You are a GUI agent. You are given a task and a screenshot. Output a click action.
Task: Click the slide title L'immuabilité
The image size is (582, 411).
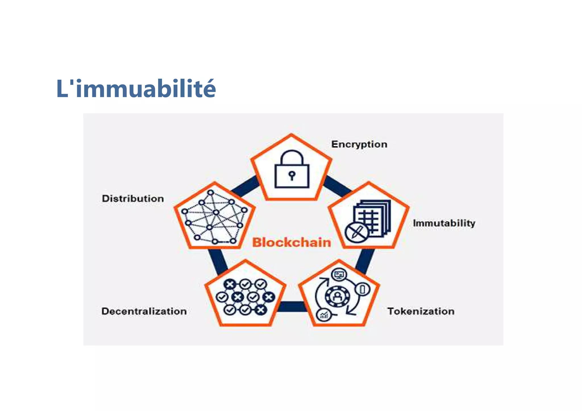pos(136,89)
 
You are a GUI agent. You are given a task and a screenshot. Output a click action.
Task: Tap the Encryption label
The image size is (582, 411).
pos(359,144)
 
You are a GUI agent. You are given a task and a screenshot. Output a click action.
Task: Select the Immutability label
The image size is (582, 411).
pos(444,223)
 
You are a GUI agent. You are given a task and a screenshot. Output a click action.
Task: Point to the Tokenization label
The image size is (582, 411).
pos(421,311)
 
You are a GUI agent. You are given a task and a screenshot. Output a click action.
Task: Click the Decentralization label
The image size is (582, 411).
pos(144,311)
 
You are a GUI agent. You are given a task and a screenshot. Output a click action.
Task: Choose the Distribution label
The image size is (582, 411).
pos(133,198)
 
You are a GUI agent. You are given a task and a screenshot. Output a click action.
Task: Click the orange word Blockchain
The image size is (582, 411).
pos(292,243)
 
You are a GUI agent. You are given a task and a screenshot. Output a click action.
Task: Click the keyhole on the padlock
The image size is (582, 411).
pos(292,175)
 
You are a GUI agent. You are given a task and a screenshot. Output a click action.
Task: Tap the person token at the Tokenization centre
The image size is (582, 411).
pos(337,297)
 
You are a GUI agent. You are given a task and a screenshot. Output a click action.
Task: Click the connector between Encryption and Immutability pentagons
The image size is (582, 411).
pos(338,186)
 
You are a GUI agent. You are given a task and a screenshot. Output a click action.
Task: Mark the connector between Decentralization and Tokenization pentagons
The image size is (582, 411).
pos(292,307)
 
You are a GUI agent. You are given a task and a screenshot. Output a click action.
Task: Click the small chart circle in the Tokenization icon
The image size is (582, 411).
pos(323,315)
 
